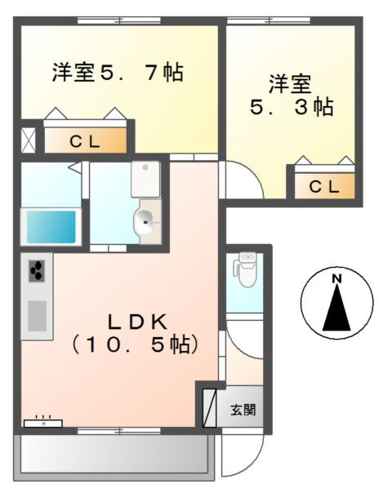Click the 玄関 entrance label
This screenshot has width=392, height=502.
243,408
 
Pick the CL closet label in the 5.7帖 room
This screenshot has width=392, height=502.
84,141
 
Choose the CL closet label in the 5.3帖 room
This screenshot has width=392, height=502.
324,186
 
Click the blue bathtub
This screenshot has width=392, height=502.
51,225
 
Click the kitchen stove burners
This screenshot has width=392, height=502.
38,272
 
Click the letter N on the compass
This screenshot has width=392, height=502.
336,280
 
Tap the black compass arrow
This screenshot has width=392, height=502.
336,311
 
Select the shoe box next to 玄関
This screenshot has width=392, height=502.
210,406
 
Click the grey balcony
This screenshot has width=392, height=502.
114,454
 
